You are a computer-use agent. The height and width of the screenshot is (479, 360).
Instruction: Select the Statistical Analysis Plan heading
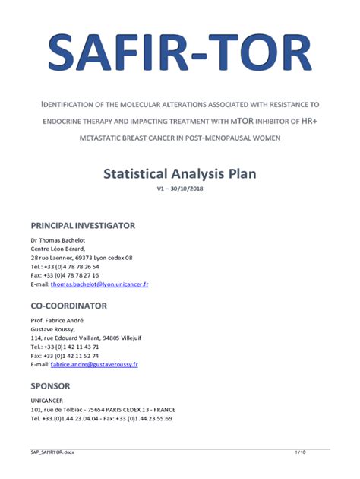[180, 173]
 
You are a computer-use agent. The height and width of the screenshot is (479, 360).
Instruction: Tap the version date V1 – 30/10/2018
[180, 189]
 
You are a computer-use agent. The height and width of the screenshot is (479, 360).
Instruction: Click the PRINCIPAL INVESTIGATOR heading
[83, 226]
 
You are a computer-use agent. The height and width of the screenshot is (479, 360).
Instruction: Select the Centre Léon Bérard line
[58, 249]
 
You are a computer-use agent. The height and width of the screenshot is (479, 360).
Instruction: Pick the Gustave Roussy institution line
[52, 330]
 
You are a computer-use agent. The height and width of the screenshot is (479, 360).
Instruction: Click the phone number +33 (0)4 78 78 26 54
[72, 267]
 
